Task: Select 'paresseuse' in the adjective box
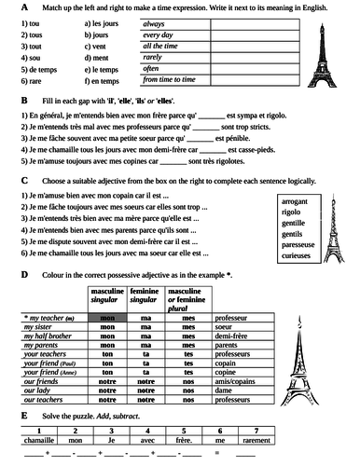point(300,241)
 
